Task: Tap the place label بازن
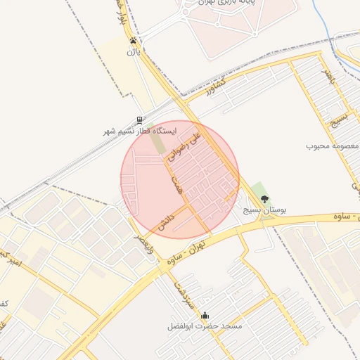(x=134, y=52)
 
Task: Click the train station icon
(x=139, y=120)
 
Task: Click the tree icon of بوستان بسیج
(x=264, y=199)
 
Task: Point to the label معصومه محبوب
(x=332, y=146)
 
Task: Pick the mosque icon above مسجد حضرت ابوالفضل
(x=205, y=315)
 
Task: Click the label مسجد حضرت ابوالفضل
(x=205, y=326)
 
